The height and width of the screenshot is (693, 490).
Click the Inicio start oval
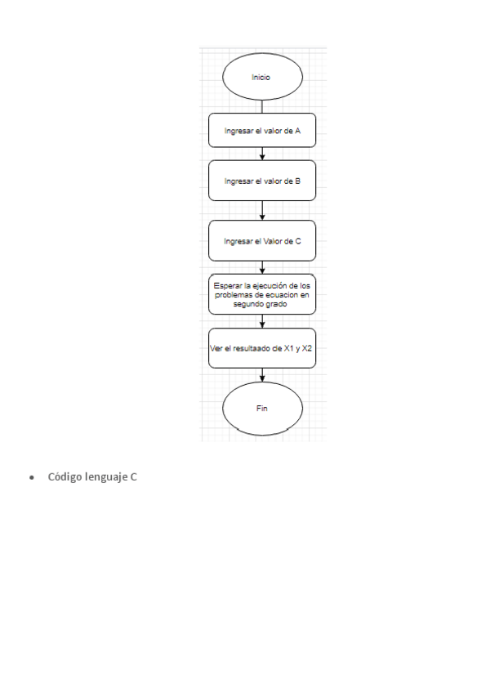(262, 78)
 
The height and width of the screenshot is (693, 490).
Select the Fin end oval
(262, 408)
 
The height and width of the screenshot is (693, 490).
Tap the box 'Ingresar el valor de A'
(262, 130)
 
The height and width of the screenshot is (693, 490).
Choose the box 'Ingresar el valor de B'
(262, 181)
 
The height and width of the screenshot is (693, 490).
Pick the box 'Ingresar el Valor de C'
(262, 240)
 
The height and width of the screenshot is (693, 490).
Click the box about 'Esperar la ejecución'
(262, 294)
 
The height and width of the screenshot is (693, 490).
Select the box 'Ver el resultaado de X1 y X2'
(262, 349)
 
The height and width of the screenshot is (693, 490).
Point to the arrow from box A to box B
(262, 154)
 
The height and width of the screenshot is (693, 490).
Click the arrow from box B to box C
(262, 211)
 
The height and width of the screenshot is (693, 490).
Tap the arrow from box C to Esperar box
(262, 267)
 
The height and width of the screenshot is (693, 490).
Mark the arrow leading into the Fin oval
(262, 375)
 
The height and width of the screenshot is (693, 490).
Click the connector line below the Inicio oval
(262, 106)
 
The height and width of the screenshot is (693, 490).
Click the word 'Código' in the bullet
(65, 476)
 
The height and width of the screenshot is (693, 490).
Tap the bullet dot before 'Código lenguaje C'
(32, 477)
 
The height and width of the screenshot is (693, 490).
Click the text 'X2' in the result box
(307, 349)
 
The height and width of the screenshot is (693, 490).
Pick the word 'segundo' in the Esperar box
(248, 303)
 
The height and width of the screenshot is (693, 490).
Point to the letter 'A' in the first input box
(298, 130)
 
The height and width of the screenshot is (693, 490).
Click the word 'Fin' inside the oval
(262, 408)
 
